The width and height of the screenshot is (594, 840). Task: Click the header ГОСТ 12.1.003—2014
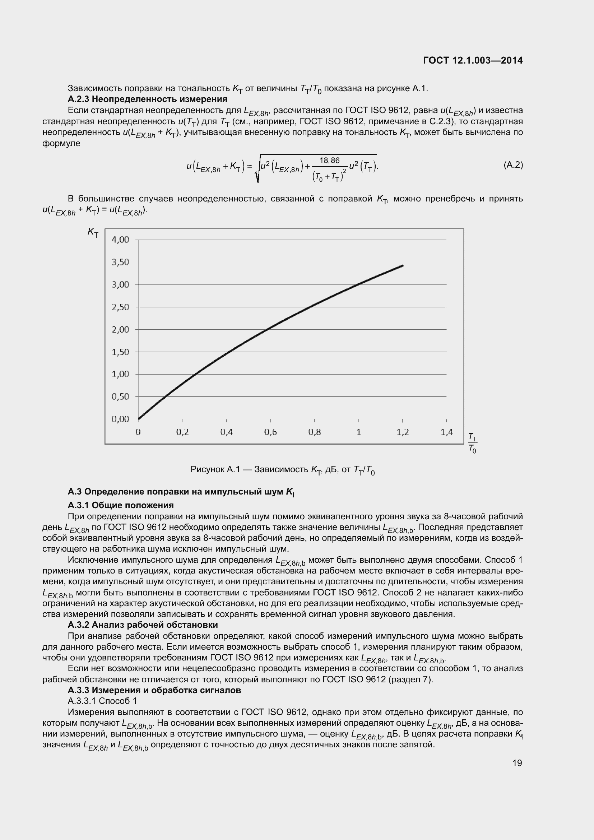[x=473, y=60]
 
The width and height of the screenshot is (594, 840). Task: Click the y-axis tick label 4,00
[x=120, y=240]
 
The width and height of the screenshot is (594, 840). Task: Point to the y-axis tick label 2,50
[x=120, y=307]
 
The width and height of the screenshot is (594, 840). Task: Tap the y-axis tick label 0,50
[x=120, y=396]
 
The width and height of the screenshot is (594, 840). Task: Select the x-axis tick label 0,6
[x=270, y=432]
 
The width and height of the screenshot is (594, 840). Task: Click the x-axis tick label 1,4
[x=446, y=432]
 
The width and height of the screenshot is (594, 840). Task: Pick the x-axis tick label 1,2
[x=402, y=432]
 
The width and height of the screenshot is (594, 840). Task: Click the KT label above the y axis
[x=93, y=232]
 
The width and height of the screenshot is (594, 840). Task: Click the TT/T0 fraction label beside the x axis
[x=473, y=443]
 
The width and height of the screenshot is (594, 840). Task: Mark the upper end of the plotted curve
[x=402, y=266]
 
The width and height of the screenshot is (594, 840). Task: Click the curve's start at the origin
[x=139, y=418]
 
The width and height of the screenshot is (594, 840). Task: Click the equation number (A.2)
[x=513, y=165]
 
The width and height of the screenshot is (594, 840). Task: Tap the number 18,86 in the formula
[x=329, y=160]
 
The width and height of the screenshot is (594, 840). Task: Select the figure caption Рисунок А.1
[x=282, y=470]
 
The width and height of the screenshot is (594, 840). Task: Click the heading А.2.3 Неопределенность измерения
[x=147, y=99]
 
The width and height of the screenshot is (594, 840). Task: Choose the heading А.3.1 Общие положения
[x=121, y=505]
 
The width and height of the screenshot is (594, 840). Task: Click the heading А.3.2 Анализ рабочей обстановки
[x=143, y=625]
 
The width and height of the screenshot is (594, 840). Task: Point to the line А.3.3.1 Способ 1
[x=102, y=701]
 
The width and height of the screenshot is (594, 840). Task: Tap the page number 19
[x=517, y=763]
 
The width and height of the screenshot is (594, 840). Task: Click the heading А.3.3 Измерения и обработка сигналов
[x=154, y=690]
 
